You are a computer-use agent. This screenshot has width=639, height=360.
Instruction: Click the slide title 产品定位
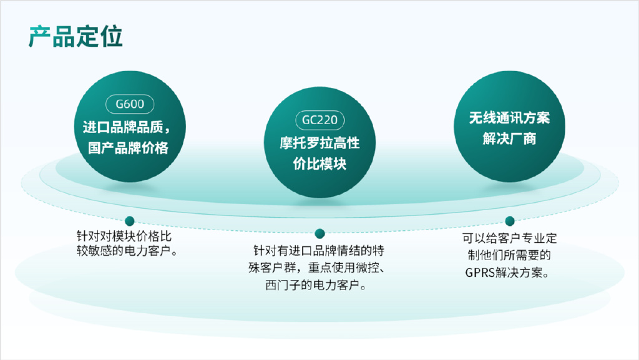pyautogui.click(x=76, y=37)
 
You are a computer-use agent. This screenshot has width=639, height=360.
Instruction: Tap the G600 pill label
pyautogui.click(x=130, y=104)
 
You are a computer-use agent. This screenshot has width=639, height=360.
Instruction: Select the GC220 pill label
pyautogui.click(x=320, y=120)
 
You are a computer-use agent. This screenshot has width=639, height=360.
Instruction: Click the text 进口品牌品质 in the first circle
pyautogui.click(x=123, y=127)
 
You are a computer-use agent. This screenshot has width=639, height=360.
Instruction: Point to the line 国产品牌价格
pyautogui.click(x=128, y=148)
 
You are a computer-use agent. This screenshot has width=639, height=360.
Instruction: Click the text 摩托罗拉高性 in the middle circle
pyautogui.click(x=320, y=144)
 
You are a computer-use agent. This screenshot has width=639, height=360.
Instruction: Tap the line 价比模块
pyautogui.click(x=320, y=163)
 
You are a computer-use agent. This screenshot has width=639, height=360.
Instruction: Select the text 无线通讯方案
pyautogui.click(x=509, y=118)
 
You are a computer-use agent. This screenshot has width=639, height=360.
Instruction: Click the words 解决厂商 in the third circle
pyautogui.click(x=509, y=139)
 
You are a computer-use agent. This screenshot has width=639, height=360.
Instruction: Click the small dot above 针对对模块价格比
pyautogui.click(x=130, y=221)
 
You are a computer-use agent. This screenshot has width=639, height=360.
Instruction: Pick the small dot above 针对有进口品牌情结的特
pyautogui.click(x=320, y=234)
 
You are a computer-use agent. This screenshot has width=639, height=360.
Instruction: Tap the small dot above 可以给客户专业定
pyautogui.click(x=510, y=221)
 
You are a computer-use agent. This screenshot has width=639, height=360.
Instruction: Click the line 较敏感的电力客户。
pyautogui.click(x=127, y=251)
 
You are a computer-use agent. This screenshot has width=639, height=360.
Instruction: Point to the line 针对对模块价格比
pyautogui.click(x=124, y=236)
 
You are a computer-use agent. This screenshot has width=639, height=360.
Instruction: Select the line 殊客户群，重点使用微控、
pyautogui.click(x=316, y=268)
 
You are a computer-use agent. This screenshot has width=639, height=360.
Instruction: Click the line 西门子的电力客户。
pyautogui.click(x=316, y=285)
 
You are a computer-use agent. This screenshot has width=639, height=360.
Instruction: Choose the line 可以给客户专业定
pyautogui.click(x=509, y=238)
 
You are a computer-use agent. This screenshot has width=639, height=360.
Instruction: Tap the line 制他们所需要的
pyautogui.click(x=509, y=255)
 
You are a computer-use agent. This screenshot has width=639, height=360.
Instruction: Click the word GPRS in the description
pyautogui.click(x=480, y=273)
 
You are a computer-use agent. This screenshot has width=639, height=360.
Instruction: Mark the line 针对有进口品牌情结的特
pyautogui.click(x=319, y=250)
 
